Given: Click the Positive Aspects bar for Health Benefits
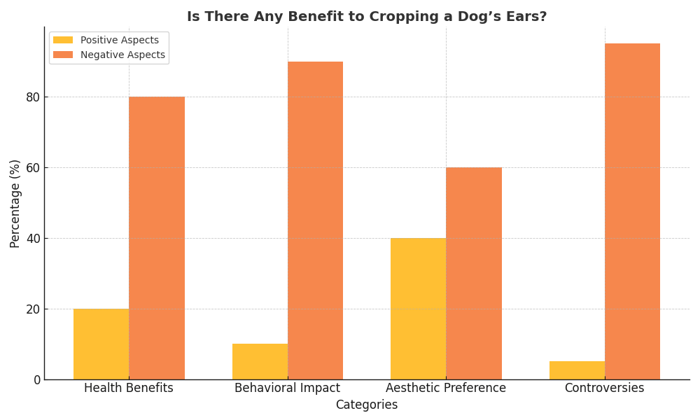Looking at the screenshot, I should pyautogui.click(x=101, y=344).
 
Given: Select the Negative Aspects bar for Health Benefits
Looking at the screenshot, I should pyautogui.click(x=157, y=238).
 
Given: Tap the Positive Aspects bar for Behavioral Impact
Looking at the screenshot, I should pyautogui.click(x=260, y=361).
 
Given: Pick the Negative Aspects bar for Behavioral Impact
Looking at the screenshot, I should pyautogui.click(x=315, y=220).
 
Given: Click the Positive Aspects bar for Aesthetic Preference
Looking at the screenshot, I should pyautogui.click(x=418, y=309).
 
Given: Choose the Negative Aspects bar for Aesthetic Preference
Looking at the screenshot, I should pyautogui.click(x=474, y=273).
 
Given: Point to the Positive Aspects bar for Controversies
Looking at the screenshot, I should pyautogui.click(x=577, y=370).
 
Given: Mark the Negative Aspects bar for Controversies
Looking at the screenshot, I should pyautogui.click(x=632, y=211).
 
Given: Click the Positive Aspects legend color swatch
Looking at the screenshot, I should pyautogui.click(x=63, y=40).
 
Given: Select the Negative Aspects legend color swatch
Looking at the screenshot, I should pyautogui.click(x=63, y=55).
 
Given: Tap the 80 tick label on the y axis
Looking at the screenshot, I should pyautogui.click(x=33, y=97).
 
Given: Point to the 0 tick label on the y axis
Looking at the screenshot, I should pyautogui.click(x=37, y=380).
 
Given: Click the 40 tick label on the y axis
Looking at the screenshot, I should pyautogui.click(x=33, y=239).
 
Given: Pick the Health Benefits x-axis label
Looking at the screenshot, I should pyautogui.click(x=129, y=388).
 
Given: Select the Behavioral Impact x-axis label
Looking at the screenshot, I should pyautogui.click(x=287, y=388).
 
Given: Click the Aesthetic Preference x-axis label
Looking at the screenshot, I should pyautogui.click(x=446, y=388).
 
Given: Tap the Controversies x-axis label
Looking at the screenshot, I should pyautogui.click(x=604, y=388).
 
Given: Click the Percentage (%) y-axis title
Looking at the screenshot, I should pyautogui.click(x=15, y=203).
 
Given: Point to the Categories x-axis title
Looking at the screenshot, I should pyautogui.click(x=366, y=405).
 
